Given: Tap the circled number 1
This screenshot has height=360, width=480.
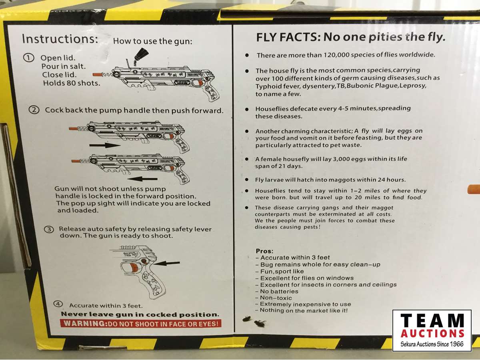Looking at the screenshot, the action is point(29,58).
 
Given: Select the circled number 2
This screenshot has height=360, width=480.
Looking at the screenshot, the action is point(34,110).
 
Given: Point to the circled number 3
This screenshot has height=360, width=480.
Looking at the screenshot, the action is point(49,230).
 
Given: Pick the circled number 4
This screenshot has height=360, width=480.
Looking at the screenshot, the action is point(58,304).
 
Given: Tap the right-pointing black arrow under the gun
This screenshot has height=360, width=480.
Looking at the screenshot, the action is point(105,145).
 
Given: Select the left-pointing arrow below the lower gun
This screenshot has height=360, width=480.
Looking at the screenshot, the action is point(142,179).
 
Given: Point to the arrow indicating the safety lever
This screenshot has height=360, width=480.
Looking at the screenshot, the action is point(167,263).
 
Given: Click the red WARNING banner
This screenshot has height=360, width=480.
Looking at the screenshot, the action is point(141,324).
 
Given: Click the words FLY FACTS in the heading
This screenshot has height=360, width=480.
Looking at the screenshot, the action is point(286,37).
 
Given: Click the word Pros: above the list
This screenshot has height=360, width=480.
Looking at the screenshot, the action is point(265,251).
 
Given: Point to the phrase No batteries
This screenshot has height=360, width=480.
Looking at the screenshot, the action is point(279,291).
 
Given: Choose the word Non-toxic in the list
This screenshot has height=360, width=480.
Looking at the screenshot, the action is point(276,298).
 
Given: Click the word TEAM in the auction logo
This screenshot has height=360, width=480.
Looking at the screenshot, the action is point(432,320).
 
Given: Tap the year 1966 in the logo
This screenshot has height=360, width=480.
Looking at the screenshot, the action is point(456,344).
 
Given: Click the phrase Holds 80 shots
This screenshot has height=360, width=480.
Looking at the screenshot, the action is point(72,83).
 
